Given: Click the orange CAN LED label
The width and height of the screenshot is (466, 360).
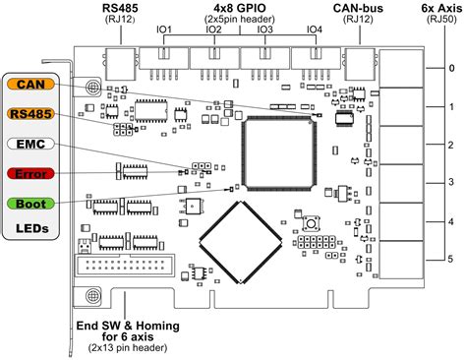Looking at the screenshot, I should point(29,85).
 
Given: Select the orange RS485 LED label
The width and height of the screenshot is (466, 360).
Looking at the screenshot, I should point(29,114).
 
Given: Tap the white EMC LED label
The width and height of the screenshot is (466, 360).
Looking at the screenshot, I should point(29,144).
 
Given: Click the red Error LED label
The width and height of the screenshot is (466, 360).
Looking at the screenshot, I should point(29,173).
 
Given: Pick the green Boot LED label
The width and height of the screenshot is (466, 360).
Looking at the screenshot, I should point(29,204).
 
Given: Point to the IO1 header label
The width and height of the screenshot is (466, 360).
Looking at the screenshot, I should point(163,30).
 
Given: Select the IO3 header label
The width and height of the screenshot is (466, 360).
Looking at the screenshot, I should point(264,30).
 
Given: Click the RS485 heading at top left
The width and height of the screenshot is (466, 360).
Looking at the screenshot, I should point(119,8).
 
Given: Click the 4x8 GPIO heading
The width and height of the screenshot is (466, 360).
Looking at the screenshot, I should point(239,8).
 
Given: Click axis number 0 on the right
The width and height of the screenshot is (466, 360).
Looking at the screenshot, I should point(450,69).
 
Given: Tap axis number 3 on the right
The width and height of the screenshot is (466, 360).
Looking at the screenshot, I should point(450,182).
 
